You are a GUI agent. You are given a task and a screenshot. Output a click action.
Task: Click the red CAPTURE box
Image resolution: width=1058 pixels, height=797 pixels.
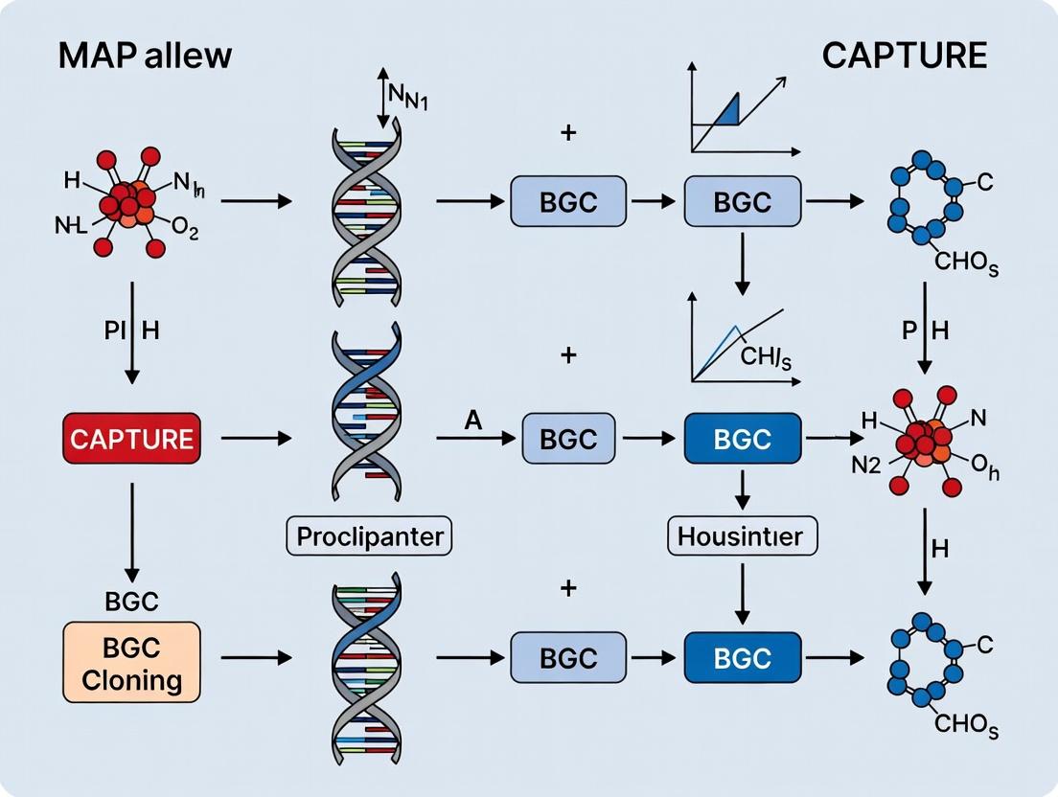click(x=132, y=439)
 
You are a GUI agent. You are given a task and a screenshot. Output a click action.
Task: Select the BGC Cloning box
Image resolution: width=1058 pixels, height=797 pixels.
click(x=132, y=664)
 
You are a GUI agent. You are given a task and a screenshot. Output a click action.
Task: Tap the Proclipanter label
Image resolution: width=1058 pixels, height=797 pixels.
click(x=369, y=535)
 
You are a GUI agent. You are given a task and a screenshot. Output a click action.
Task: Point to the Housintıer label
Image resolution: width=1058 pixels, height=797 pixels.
click(x=742, y=535)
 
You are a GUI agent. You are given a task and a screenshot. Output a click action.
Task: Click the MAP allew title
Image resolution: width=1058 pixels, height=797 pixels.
click(x=145, y=55)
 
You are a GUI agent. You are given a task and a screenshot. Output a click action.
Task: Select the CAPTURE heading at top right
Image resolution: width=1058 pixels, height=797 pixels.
click(x=904, y=55)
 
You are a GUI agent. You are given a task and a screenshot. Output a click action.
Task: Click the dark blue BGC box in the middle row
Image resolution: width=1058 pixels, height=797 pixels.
click(x=742, y=439)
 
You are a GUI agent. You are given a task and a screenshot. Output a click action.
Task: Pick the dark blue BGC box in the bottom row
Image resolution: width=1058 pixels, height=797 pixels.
click(x=742, y=658)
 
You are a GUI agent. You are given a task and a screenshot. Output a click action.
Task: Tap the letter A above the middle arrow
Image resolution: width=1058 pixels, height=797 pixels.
click(x=471, y=419)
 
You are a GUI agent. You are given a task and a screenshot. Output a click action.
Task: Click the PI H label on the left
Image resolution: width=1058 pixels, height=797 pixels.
click(x=132, y=331)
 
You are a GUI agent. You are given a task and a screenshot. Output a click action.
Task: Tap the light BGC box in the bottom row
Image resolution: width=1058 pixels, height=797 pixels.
click(x=567, y=658)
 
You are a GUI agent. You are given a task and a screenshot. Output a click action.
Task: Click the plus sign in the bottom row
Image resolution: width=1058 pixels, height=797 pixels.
click(x=568, y=587)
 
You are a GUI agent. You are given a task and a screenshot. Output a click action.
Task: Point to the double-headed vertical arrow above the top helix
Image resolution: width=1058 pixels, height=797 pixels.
click(x=383, y=98)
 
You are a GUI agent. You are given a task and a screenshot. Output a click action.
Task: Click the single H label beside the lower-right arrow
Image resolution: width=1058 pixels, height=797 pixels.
click(x=939, y=548)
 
